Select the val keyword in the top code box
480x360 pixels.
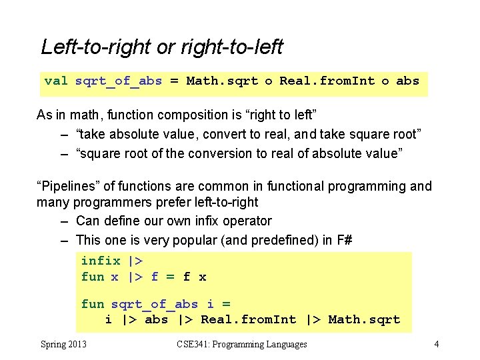click(x=56, y=81)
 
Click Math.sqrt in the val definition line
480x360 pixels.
click(x=222, y=81)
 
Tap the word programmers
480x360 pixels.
click(x=107, y=202)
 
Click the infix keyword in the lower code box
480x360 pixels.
click(x=101, y=261)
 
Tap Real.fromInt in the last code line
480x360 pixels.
click(x=249, y=319)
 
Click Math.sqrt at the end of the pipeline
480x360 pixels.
click(x=364, y=319)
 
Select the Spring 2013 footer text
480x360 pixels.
click(x=63, y=344)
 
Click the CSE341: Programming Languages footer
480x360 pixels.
click(x=242, y=344)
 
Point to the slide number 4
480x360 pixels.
click(x=436, y=344)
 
